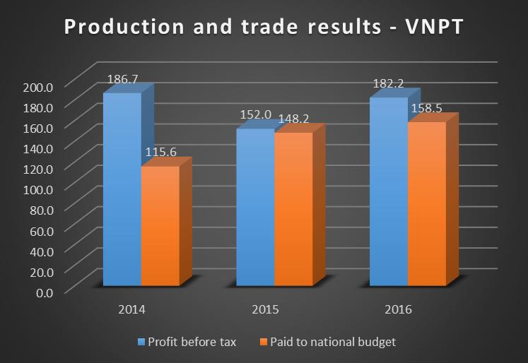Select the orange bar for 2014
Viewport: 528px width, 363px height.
[160, 226]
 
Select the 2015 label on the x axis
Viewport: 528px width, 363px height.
[264, 310]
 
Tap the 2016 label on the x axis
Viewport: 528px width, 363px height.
[398, 310]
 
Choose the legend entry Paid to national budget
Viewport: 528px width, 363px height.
[331, 342]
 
